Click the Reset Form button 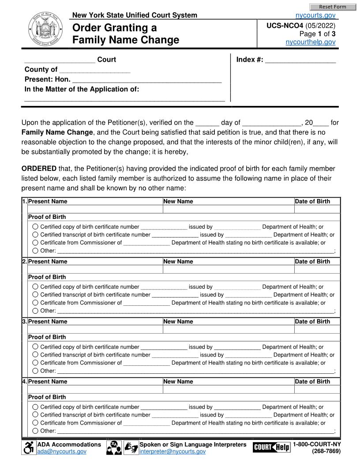332,7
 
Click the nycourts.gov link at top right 315,15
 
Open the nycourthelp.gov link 311,42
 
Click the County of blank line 94,70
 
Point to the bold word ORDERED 39,169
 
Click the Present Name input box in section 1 95,209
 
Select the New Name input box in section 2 228,269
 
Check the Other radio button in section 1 35,251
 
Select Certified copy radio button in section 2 35,287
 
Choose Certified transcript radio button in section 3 35,355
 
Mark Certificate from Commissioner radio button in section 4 35,423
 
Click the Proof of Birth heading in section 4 47,397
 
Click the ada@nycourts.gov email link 62,451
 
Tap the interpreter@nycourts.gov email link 172,451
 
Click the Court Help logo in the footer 271,447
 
